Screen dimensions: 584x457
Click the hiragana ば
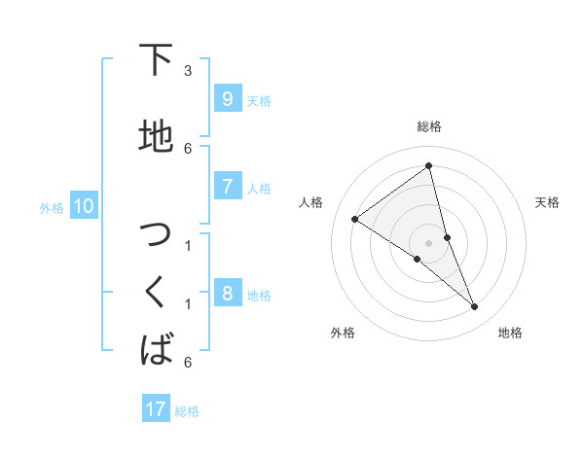pyautogui.click(x=157, y=348)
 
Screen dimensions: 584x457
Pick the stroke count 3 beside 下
pyautogui.click(x=188, y=71)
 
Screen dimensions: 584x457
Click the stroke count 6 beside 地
pyautogui.click(x=188, y=148)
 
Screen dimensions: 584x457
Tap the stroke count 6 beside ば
pyautogui.click(x=188, y=363)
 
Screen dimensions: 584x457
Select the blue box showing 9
pyautogui.click(x=227, y=99)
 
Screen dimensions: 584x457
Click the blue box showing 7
pyautogui.click(x=227, y=187)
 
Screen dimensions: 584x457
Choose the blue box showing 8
pyautogui.click(x=227, y=294)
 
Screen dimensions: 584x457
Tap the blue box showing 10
pyautogui.click(x=83, y=206)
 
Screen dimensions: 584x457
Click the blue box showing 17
pyautogui.click(x=156, y=409)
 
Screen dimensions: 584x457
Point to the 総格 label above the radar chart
pyautogui.click(x=429, y=126)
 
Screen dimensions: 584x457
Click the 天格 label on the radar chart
pyautogui.click(x=547, y=202)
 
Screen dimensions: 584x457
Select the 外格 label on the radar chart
pyautogui.click(x=343, y=333)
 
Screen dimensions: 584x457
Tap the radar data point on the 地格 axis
pyautogui.click(x=475, y=307)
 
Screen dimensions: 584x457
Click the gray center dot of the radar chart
pyautogui.click(x=429, y=242)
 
